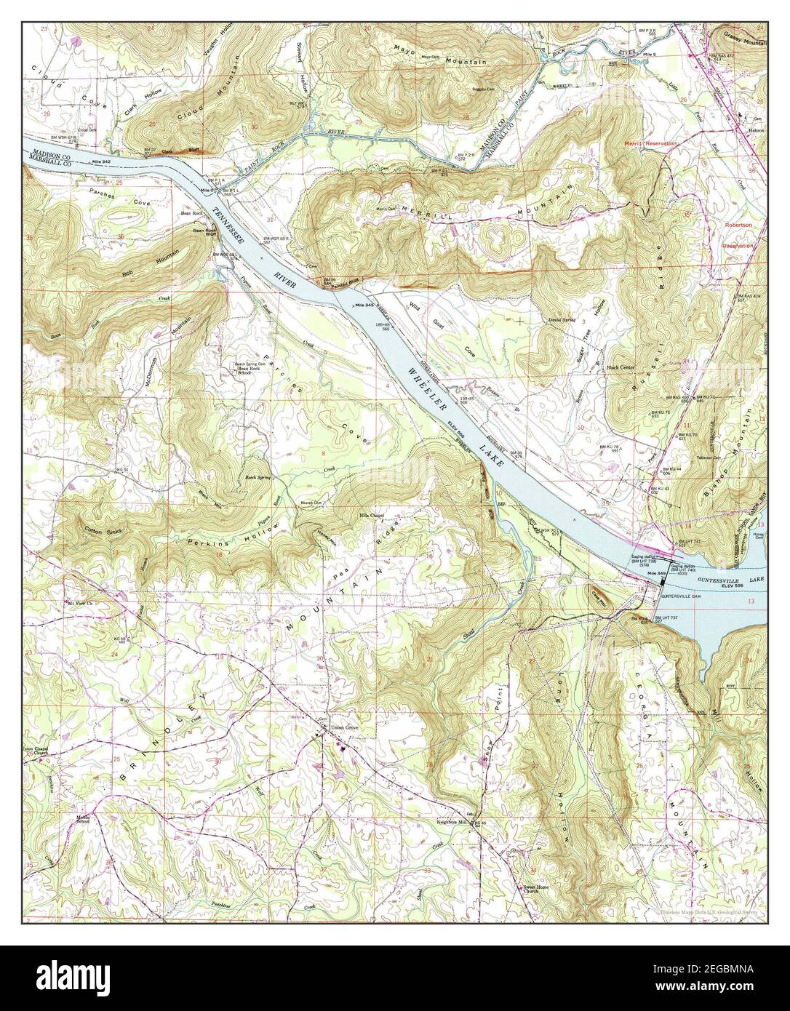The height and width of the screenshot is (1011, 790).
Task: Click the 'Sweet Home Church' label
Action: (x=537, y=890)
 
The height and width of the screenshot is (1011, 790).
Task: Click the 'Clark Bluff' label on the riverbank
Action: (x=176, y=151)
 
